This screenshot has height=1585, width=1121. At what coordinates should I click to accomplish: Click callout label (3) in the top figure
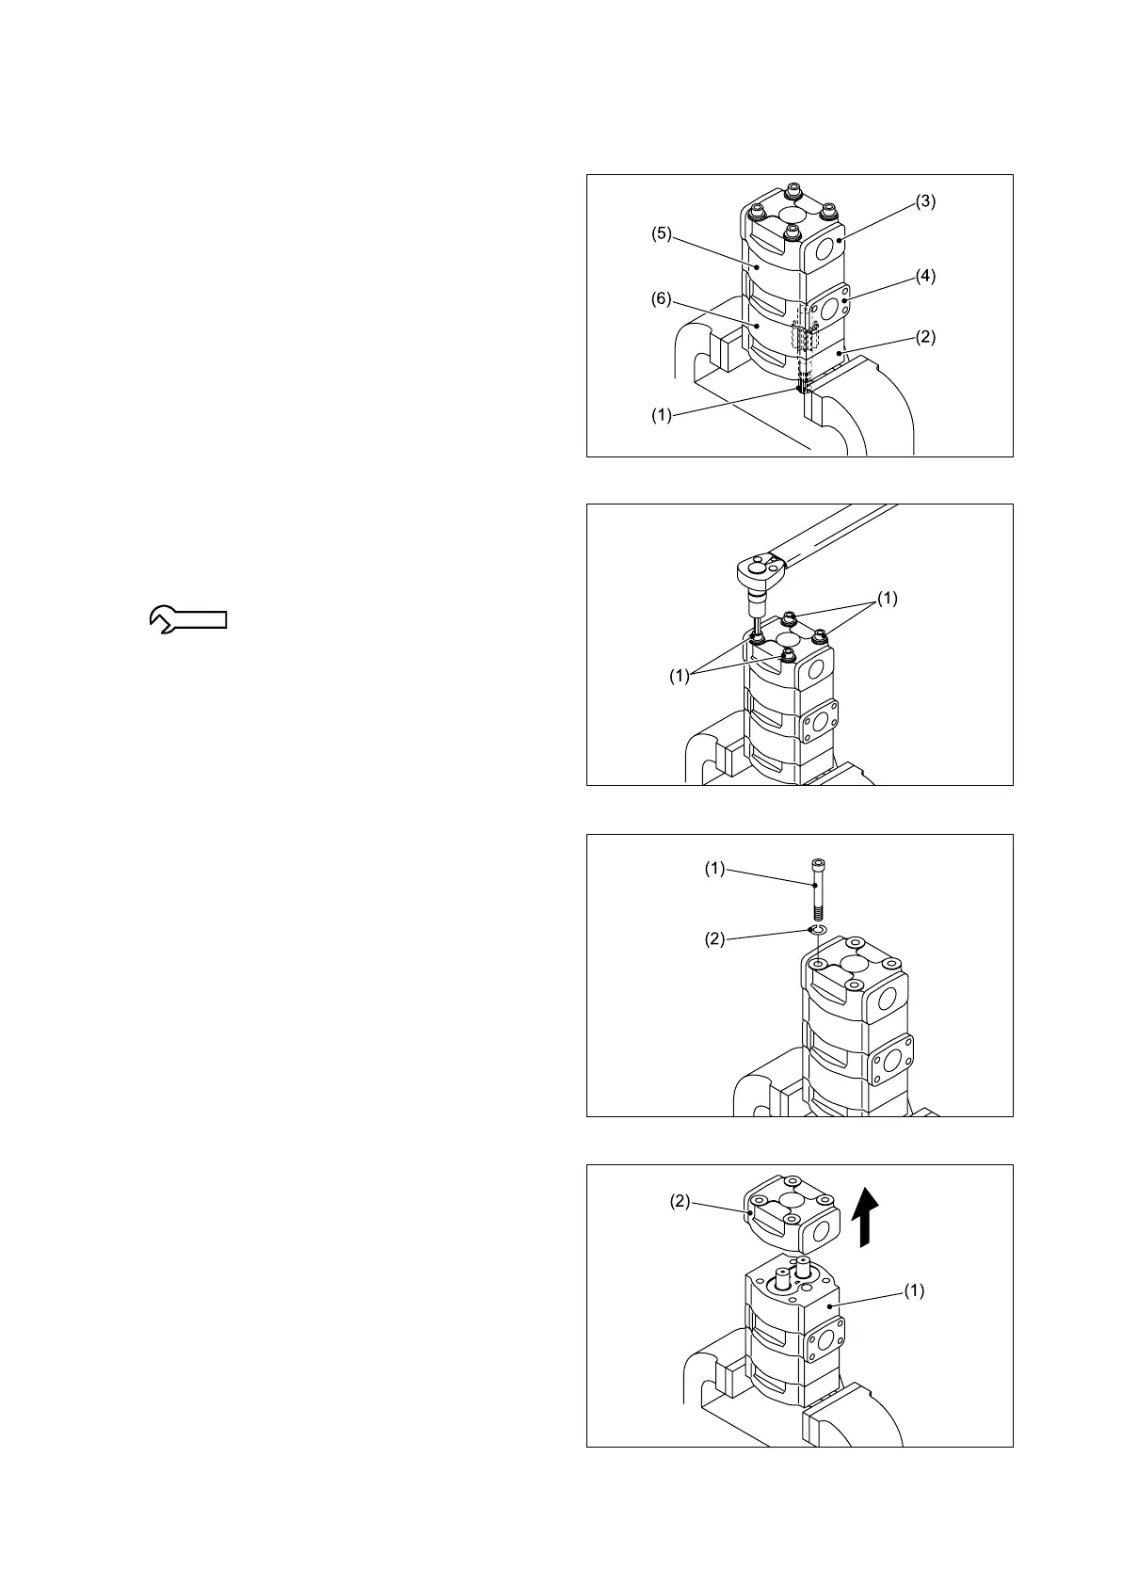coord(926,201)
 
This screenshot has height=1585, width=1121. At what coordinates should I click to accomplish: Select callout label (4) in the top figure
coord(926,277)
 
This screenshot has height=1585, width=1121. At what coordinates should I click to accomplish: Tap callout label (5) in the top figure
coord(662,234)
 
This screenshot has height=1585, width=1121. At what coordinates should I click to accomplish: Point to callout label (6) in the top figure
coord(662,300)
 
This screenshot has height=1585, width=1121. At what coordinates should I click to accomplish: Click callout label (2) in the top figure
coord(926,336)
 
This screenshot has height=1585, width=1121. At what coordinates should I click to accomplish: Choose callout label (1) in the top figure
coord(662,414)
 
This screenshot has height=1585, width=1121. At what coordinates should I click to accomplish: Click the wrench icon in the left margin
coord(188,618)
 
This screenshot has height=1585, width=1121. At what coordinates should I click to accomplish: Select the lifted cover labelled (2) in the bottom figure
coord(793,1215)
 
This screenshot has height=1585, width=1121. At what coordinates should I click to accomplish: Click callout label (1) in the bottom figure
coord(914,1291)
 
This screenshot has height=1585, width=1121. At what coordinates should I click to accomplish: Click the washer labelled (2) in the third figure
coord(817,931)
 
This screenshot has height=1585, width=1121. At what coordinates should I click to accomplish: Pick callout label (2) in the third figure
coord(716,938)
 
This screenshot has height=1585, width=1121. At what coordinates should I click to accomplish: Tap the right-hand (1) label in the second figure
coord(888,598)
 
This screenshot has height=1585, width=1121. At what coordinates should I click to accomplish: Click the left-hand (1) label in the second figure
coord(680,675)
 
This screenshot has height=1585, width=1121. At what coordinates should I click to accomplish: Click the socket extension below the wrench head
coord(756,608)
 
